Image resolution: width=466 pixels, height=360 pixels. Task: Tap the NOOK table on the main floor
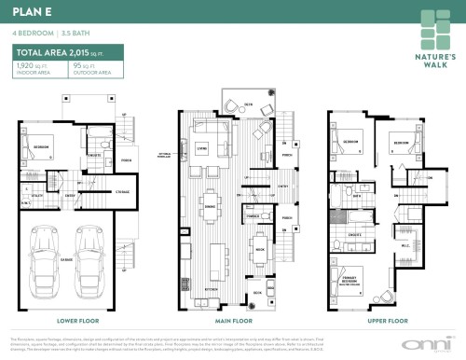tap(261, 251)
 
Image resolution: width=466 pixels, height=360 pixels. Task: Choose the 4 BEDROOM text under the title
tap(30, 33)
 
